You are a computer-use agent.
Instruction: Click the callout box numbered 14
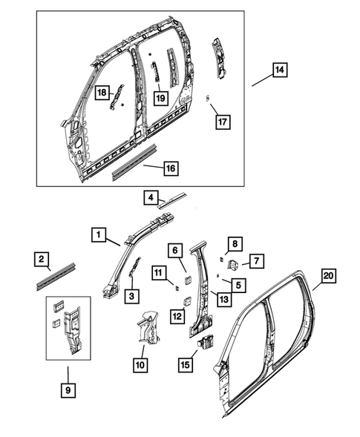(279, 71)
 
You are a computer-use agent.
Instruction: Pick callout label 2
(43, 259)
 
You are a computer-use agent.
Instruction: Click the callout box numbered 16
(170, 169)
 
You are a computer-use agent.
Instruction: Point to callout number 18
(102, 93)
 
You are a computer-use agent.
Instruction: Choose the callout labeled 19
(160, 96)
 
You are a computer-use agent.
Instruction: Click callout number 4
(151, 198)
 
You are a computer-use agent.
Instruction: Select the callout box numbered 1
(98, 234)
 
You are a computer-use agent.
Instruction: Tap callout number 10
(141, 364)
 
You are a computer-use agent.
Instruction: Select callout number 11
(157, 274)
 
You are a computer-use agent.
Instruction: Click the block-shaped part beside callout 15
(205, 342)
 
